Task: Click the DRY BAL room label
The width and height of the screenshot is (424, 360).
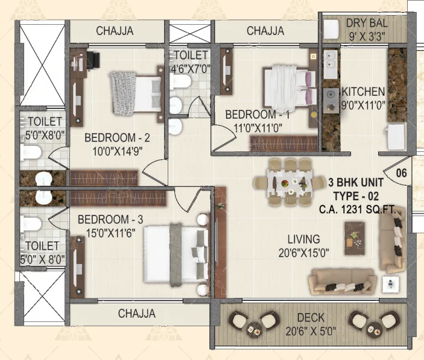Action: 367,23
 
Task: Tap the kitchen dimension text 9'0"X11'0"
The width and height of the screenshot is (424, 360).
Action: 363,105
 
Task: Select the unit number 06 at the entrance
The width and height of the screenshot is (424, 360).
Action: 401,173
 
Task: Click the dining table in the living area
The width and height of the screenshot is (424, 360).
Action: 290,183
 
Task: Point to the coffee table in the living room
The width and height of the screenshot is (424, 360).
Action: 355,238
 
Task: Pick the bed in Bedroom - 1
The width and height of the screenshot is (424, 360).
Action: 290,86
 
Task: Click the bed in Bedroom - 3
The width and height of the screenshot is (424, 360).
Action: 176,254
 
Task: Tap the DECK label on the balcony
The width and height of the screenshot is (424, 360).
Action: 311,317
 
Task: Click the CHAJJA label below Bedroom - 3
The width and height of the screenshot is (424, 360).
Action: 137,314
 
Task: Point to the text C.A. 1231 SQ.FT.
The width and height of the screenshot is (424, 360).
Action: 358,209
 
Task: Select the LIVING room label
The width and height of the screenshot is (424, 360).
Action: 303,239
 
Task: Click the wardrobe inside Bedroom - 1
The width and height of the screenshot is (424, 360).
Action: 283,144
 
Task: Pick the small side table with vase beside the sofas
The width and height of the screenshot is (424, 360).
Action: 390,284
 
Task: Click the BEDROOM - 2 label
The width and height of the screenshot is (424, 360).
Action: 117,137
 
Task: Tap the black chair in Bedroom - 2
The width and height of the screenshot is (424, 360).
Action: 93,59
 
